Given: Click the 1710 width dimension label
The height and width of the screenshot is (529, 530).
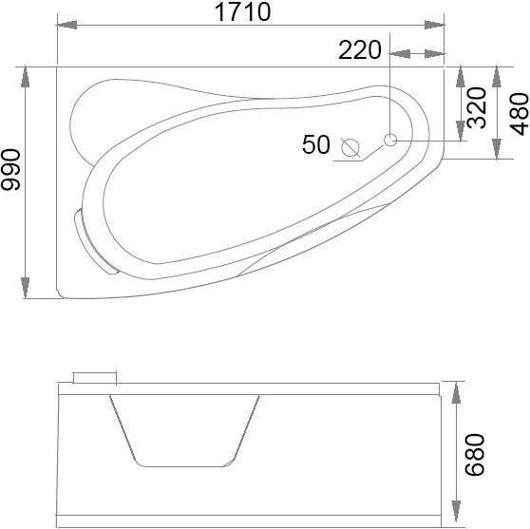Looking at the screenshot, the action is coord(243,11).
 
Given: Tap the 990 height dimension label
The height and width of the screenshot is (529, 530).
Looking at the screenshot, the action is coord(10,170).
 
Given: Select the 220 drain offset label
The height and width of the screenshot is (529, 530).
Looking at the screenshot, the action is coord(360,50).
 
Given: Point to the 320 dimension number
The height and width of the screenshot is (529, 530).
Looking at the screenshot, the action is coord(476,107).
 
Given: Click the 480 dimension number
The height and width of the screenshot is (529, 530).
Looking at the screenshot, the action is coord(519,114).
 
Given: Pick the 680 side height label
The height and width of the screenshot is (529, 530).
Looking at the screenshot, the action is coord(475,455).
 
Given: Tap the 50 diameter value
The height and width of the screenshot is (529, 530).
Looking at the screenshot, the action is coord(315,144).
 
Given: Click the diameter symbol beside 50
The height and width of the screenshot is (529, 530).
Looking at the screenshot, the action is coord(350,148).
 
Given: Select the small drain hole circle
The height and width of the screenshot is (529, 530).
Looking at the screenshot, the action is coord(390,140).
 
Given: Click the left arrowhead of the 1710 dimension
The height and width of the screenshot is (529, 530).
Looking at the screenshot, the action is coord(66,25).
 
